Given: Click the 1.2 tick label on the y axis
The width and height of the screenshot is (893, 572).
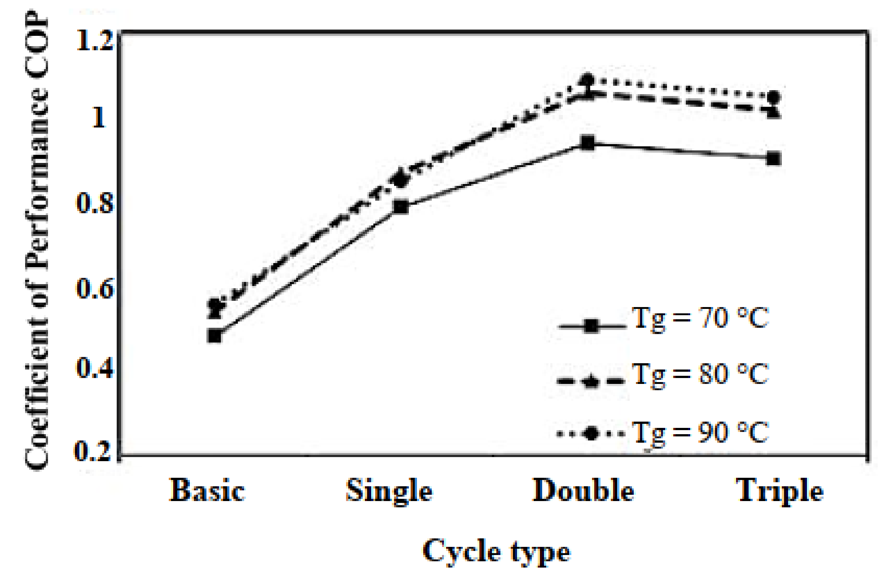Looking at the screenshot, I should (94, 41).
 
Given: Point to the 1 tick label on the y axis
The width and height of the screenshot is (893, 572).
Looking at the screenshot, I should (99, 118).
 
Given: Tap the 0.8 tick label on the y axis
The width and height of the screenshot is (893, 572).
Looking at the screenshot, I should (94, 203).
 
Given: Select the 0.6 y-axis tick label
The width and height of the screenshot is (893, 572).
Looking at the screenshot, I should (94, 289).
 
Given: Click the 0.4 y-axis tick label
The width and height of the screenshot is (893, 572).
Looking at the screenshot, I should (94, 368).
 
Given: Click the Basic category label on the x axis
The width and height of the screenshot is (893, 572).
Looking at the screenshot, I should (207, 491).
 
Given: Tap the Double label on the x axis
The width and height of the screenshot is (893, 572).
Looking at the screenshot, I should (583, 491).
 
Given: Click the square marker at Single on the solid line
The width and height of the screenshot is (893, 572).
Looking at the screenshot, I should (401, 207).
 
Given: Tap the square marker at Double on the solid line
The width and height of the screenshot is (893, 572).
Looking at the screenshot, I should (588, 143).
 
